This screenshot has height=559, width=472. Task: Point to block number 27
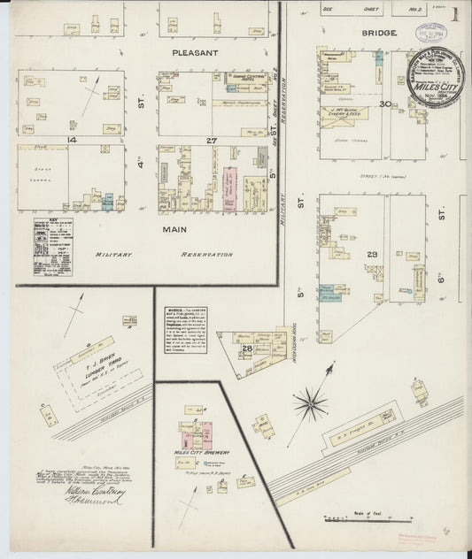pyautogui.click(x=212, y=141)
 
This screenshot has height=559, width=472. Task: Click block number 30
pyautogui.click(x=384, y=104)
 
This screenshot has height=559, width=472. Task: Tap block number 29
pyautogui.click(x=373, y=255)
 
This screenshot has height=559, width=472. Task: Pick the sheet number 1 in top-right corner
pyautogui.click(x=454, y=14)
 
